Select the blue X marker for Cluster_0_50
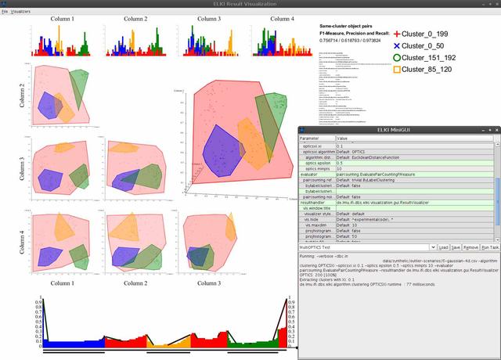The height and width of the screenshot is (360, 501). (398, 45)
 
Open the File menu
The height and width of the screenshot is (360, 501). (5, 13)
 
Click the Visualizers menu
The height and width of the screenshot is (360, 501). (21, 13)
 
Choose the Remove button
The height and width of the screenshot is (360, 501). (471, 247)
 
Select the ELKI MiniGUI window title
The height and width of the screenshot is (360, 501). (399, 129)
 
